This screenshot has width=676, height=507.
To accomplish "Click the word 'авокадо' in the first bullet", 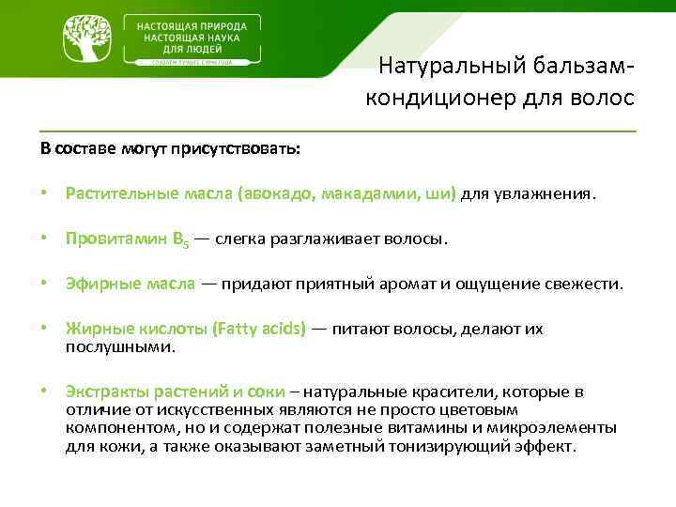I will (278, 194).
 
